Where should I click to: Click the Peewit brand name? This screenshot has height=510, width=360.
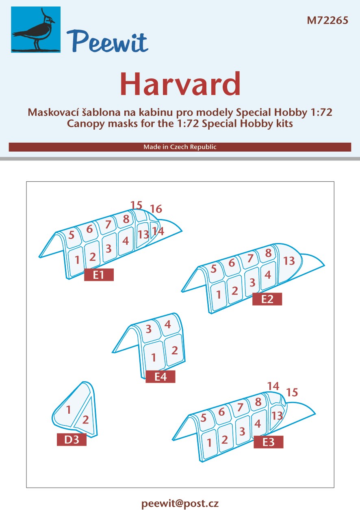point(107,42)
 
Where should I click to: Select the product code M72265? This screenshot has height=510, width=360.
point(327,20)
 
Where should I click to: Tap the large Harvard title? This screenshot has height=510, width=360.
point(180,84)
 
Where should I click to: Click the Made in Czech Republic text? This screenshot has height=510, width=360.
point(180,147)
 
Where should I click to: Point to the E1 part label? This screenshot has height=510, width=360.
point(99,275)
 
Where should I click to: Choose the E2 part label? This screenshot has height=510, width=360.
point(267,299)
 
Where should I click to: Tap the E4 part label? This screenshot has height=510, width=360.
point(160,377)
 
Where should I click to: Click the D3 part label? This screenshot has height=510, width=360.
point(72,440)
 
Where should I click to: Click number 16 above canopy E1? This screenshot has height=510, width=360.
point(156,209)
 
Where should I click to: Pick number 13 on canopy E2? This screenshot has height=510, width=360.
point(289,261)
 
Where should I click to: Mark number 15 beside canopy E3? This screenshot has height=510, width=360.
point(292,392)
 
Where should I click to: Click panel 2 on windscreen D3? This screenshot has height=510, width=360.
point(85,420)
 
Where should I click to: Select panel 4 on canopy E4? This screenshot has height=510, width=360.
point(167,324)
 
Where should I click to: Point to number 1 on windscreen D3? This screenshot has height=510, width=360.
point(68,410)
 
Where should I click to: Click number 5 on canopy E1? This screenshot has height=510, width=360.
point(71,235)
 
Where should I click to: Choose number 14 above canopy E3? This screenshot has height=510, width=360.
point(273,386)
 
